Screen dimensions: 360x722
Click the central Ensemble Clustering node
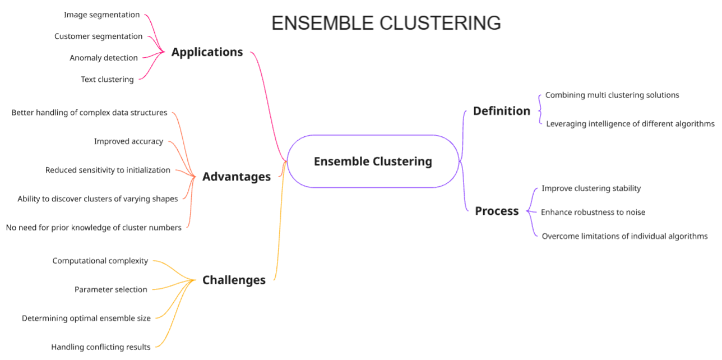click(x=373, y=161)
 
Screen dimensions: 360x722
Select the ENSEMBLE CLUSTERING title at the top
click(x=386, y=23)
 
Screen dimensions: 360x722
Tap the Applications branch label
click(x=207, y=52)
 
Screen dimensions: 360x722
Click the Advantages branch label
click(x=236, y=177)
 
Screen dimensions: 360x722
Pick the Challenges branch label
click(x=234, y=280)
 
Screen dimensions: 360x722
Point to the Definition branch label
click(x=501, y=111)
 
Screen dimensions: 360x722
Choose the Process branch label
click(x=497, y=211)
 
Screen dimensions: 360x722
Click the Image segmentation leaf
click(x=101, y=15)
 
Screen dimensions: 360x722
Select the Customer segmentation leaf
click(x=98, y=36)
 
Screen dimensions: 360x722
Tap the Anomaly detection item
click(x=103, y=58)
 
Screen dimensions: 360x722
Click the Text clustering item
click(x=107, y=79)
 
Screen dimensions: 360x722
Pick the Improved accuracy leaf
click(x=128, y=141)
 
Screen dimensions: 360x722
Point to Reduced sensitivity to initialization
click(x=108, y=170)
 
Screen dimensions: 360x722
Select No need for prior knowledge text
click(x=94, y=228)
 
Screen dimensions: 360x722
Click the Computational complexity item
click(x=100, y=261)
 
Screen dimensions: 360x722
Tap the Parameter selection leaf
click(x=110, y=289)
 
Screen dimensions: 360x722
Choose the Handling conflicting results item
click(x=100, y=347)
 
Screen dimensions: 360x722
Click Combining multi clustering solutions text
click(x=612, y=95)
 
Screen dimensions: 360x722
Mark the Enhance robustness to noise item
click(x=593, y=212)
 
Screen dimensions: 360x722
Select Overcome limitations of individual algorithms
click(x=624, y=236)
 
